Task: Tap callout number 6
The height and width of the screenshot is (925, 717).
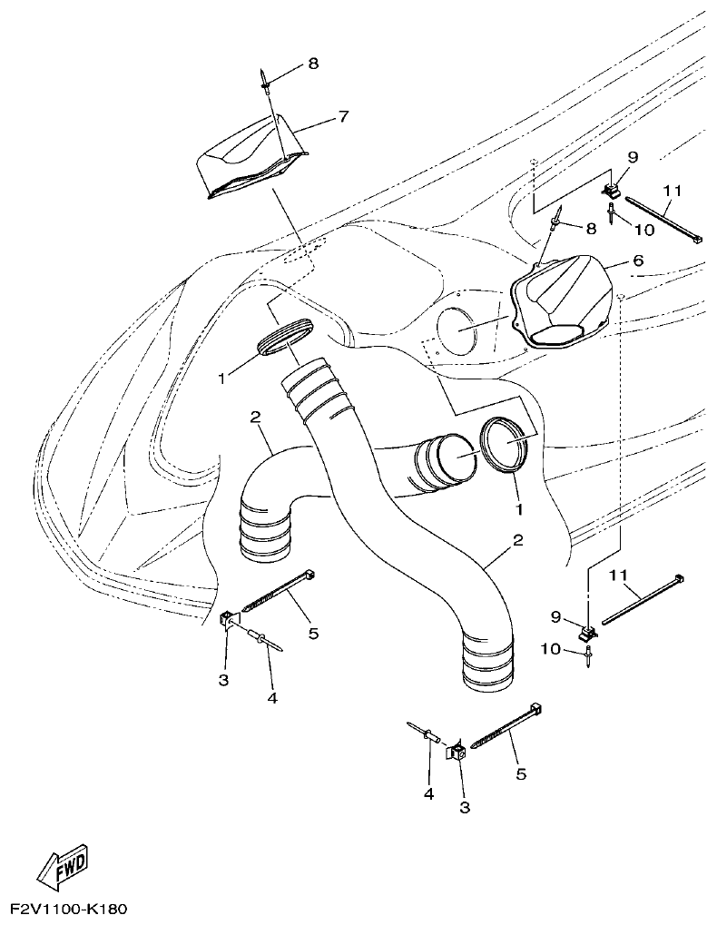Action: click(637, 261)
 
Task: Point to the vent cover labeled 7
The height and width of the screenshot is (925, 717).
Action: click(250, 154)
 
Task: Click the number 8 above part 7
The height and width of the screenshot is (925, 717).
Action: click(313, 64)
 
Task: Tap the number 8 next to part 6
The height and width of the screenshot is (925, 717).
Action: click(591, 229)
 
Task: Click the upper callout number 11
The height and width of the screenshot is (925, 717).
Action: click(672, 191)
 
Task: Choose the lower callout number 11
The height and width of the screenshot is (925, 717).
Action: click(618, 575)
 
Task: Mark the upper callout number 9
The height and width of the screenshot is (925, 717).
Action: click(631, 156)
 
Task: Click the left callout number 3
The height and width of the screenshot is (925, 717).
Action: click(224, 679)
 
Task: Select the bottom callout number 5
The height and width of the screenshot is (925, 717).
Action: click(521, 773)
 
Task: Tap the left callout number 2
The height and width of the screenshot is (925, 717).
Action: click(256, 417)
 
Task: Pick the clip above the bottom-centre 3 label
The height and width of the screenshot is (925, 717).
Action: click(457, 751)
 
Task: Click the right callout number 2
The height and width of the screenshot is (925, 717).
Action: click(517, 540)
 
